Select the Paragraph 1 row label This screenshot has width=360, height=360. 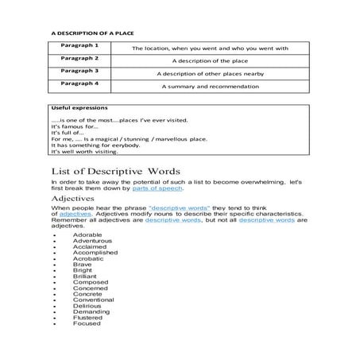[81, 46]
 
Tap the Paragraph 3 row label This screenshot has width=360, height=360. [81, 70]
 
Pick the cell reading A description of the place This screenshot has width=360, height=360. [210, 60]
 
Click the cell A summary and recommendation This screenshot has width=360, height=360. [210, 84]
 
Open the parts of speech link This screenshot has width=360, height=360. [164, 188]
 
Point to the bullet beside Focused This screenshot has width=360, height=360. [52, 324]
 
